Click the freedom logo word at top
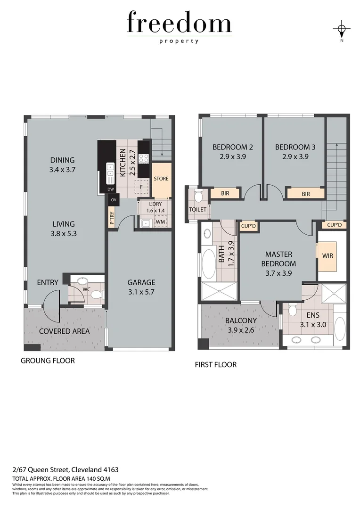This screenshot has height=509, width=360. coord(179,24)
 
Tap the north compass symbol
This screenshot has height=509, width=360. coord(342,30)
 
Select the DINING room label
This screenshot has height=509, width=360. coord(62,160)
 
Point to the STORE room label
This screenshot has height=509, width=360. coord(161,179)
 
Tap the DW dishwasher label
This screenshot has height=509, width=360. coord(111,189)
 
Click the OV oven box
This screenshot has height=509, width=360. coord(114,200)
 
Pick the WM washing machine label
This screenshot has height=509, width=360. coord(160,221)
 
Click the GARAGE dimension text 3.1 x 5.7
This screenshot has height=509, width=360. coord(141,292)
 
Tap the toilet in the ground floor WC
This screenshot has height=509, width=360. coord(97,295)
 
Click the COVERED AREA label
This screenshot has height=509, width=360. coord(64,331)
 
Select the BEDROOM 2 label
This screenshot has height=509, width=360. coord(229,147)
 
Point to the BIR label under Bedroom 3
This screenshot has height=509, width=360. coord(305,193)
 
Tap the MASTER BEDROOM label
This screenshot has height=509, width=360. coord(280,259)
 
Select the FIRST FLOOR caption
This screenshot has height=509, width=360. coord(216,364)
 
